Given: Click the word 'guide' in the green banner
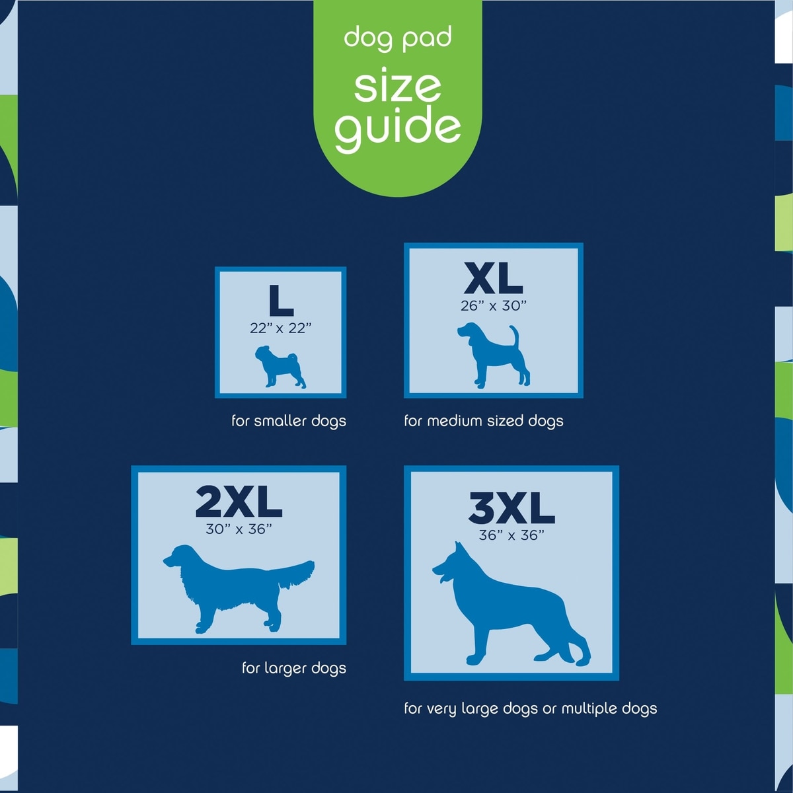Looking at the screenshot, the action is tap(398, 129).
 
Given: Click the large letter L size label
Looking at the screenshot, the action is tap(281, 301).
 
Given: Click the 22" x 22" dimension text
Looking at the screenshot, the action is tap(281, 328).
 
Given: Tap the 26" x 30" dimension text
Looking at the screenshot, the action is tap(494, 306).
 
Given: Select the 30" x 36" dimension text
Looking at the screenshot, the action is tap(239, 529).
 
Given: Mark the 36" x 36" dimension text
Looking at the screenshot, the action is tap(511, 535).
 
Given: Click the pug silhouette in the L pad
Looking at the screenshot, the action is tap(280, 367).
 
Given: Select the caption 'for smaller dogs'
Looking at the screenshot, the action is tap(289, 421).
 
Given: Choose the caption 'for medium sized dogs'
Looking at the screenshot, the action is tap(484, 421).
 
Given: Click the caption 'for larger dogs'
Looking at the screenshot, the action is tap(294, 668).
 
